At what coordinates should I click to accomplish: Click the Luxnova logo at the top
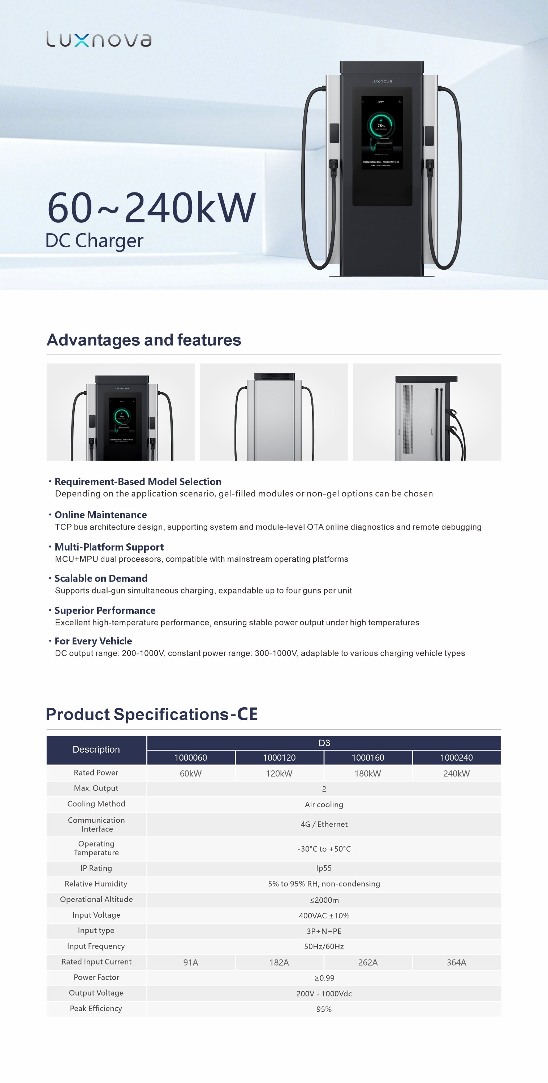point(99,39)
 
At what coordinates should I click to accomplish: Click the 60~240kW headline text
point(151,208)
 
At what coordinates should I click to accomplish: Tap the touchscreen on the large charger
point(382,134)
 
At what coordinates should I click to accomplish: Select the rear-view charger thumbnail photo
point(274,412)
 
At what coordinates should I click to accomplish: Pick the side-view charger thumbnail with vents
point(427,412)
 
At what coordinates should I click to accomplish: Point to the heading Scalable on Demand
point(101,578)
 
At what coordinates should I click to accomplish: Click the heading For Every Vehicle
point(93,641)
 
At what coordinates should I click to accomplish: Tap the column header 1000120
point(279,758)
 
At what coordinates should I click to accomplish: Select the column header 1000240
point(456,758)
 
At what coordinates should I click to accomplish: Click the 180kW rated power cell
point(368,773)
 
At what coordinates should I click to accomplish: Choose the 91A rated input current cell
point(190,962)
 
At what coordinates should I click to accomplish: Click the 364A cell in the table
point(456,962)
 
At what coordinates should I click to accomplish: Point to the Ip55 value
point(324,868)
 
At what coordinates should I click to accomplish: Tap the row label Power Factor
point(96,977)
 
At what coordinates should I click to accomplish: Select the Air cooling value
point(324,804)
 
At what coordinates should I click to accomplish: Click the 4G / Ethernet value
point(324,824)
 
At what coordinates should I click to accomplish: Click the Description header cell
point(96,749)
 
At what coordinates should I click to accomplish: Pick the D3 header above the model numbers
point(324,743)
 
